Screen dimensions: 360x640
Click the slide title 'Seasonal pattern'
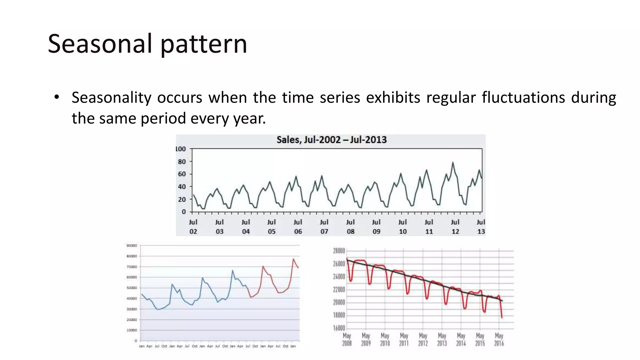coord(147,44)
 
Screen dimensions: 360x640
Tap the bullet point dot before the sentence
coord(56,97)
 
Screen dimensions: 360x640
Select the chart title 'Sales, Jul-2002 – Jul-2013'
coord(331,140)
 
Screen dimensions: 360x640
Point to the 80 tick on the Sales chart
coord(182,162)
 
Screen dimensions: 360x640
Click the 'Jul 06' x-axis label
coord(298,227)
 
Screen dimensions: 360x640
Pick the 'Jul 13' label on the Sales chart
coord(481,227)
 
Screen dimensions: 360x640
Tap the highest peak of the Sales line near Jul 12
coord(452,162)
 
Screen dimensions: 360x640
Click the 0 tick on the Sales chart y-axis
coord(184,212)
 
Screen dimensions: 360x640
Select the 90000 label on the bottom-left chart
coord(132,246)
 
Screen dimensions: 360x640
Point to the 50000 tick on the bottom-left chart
coord(132,288)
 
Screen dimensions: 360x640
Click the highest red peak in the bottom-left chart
coord(293,259)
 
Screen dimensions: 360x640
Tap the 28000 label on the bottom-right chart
coord(339,251)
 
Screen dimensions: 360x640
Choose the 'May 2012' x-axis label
coord(423,339)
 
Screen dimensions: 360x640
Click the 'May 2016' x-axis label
coord(499,339)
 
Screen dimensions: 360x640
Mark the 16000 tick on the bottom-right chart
coord(339,328)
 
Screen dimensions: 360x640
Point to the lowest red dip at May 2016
coord(502,317)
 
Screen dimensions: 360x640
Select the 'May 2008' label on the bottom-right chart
coord(347,339)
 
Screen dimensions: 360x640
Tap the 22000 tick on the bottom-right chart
coord(339,289)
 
